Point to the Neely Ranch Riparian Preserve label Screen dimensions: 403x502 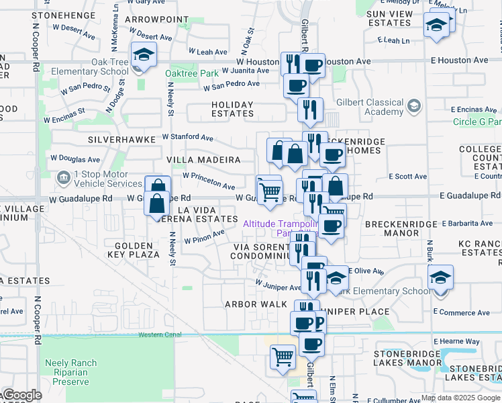pos(70,372)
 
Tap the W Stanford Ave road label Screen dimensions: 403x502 pos(187,138)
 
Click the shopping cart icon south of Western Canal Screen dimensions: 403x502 pos(283,356)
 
